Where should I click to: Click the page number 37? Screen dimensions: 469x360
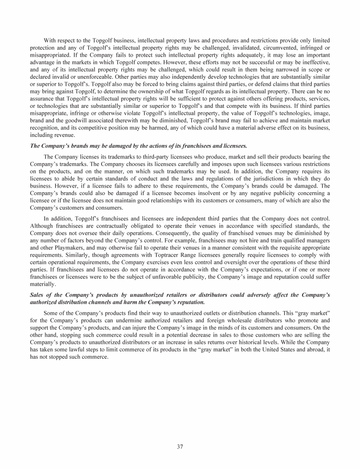(180, 446)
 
